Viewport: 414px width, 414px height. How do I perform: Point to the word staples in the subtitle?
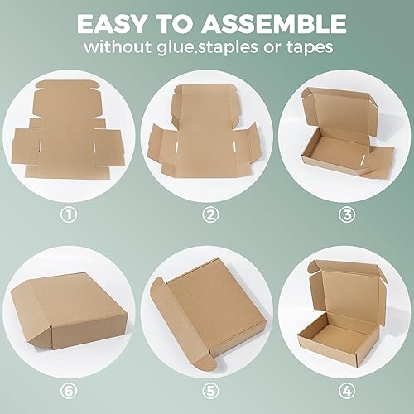pyautogui.click(x=249, y=47)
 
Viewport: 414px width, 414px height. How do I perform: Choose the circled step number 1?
pyautogui.click(x=69, y=215)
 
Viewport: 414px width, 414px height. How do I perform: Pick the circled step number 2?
pyautogui.click(x=210, y=215)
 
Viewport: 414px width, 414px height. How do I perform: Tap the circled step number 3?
pyautogui.click(x=347, y=215)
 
